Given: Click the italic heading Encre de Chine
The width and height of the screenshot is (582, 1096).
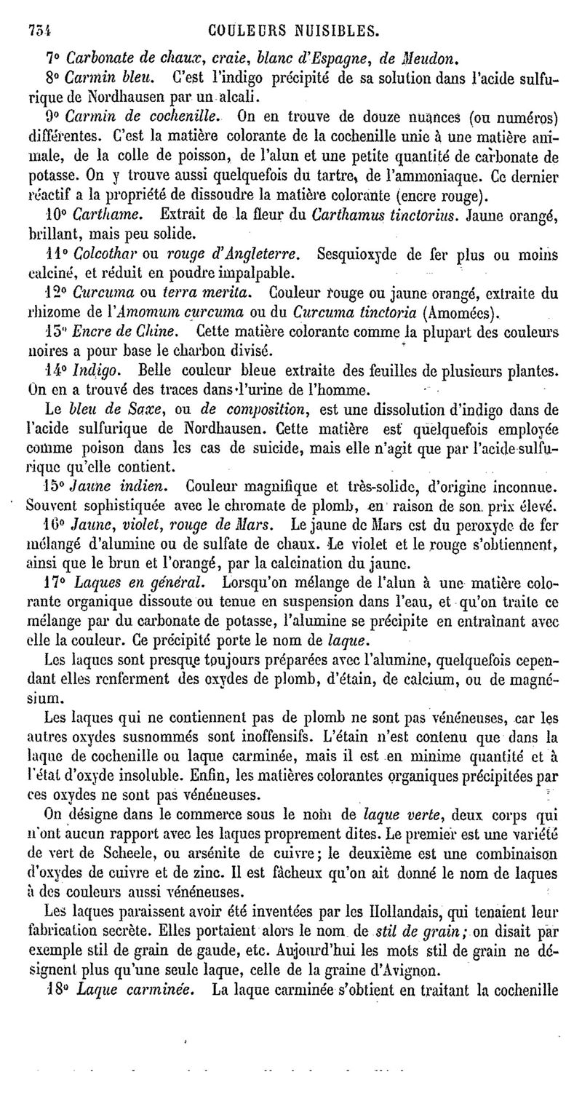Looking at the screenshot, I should pos(125,332).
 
